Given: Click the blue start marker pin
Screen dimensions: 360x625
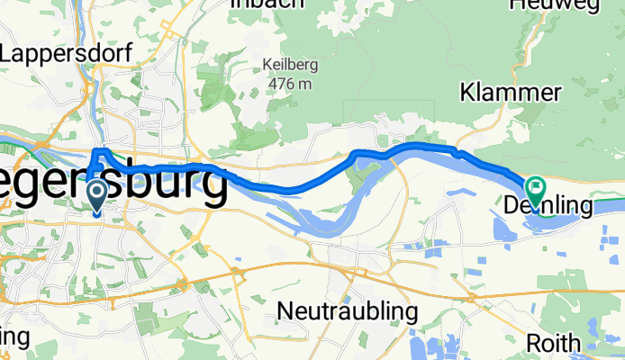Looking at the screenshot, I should coord(97,196).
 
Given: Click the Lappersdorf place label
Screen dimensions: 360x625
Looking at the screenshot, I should coord(68,54).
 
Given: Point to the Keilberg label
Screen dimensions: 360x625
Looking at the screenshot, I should coord(287,65).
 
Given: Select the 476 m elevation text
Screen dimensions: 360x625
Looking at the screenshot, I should coord(287,83).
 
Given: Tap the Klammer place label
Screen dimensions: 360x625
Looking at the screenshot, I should coord(512,93).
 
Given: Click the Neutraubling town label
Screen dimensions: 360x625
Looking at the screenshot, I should coord(348,311).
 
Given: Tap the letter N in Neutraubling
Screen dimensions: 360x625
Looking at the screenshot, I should coord(285,311).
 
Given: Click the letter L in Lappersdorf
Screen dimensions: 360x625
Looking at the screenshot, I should coord(8,54).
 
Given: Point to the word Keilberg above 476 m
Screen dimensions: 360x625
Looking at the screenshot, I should coord(287,65).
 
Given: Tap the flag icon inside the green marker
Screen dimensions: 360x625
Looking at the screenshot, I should coord(535,188).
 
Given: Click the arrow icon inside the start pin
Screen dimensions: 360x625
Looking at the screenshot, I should coord(97,192).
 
